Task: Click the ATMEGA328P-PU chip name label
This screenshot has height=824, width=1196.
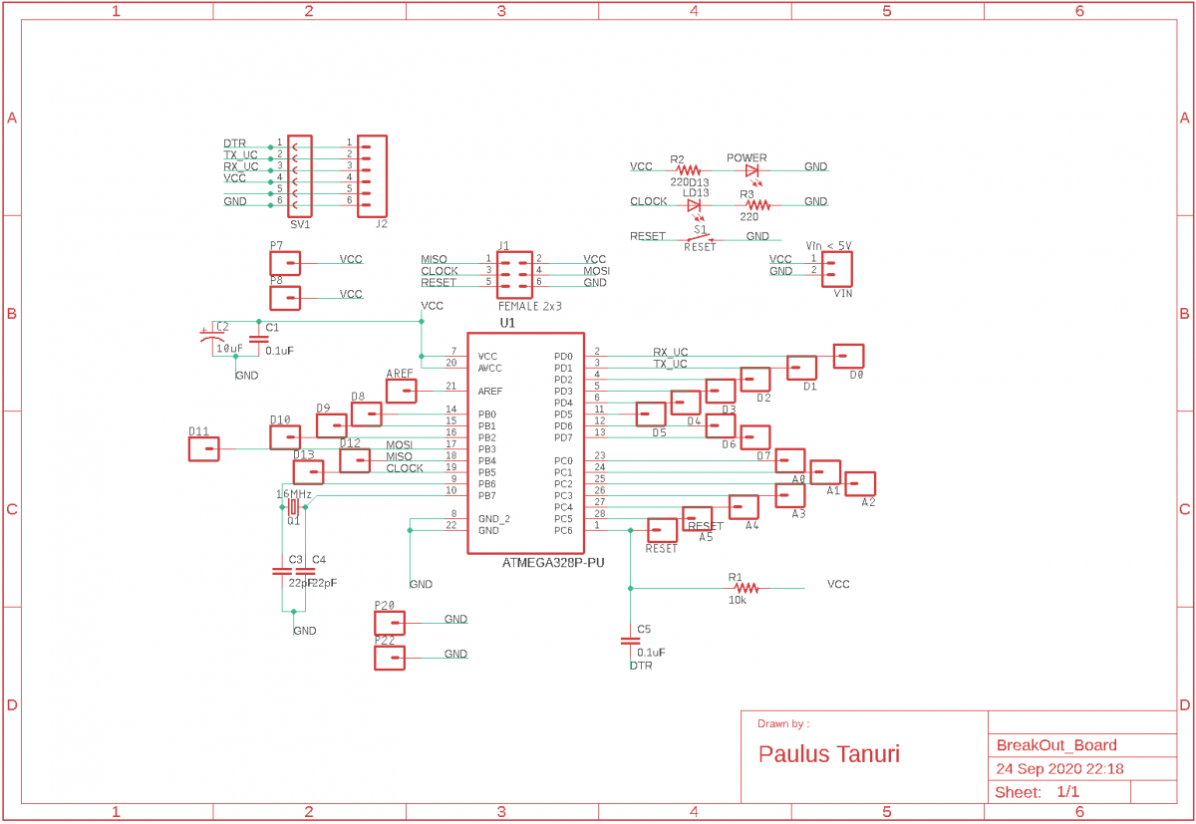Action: (553, 563)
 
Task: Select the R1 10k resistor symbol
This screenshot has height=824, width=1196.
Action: (747, 589)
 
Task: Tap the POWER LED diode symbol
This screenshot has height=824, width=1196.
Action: (751, 171)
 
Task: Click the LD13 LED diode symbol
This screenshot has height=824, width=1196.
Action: (694, 205)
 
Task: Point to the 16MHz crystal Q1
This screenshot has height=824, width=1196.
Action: (292, 507)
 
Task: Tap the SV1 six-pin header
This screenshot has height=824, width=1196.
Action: (300, 176)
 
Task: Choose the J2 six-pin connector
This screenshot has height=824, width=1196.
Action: (371, 176)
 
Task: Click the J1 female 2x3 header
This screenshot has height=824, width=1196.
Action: (514, 272)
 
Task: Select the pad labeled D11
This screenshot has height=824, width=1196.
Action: (203, 449)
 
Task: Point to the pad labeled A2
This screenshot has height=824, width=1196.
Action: (860, 484)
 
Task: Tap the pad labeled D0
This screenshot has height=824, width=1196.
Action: (848, 356)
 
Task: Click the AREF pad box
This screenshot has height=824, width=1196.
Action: (401, 391)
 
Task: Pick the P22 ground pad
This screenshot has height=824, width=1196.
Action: (390, 659)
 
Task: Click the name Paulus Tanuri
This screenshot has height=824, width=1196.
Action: (829, 754)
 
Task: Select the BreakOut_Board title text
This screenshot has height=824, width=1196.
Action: (1056, 745)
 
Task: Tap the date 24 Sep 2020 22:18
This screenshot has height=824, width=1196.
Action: (1059, 769)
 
